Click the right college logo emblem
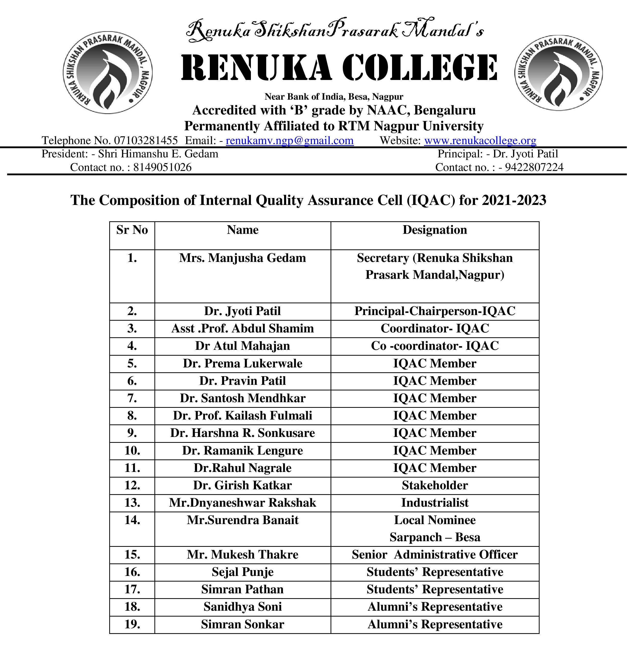click(x=558, y=73)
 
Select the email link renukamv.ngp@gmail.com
click(x=289, y=141)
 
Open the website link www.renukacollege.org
click(x=480, y=141)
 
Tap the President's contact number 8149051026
click(x=162, y=167)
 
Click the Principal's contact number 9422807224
click(x=534, y=167)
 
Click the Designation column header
click(x=434, y=230)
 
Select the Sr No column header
click(x=132, y=230)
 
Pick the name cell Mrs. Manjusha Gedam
click(x=242, y=258)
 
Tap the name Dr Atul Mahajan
click(x=242, y=346)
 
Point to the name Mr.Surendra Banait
click(x=242, y=520)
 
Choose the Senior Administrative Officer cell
click(x=434, y=554)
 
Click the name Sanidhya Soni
click(x=242, y=607)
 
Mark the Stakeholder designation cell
click(x=434, y=485)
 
